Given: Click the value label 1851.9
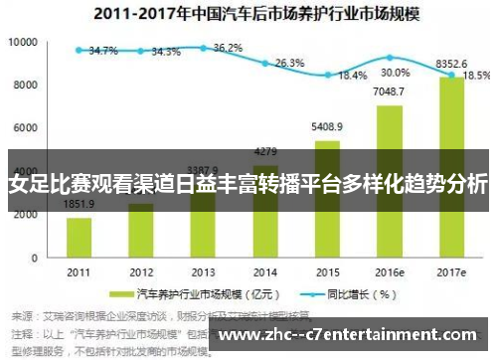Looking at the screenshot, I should point(79,205).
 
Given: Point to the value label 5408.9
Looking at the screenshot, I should point(327,127).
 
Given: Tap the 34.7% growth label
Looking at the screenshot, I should point(102,51).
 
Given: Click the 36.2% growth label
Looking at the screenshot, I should point(228,47).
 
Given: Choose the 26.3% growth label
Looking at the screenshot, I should point(289,63).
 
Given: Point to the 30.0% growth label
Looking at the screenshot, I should point(395,73).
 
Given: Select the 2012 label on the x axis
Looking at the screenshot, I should point(140,270).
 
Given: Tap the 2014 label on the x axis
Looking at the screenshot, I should point(264,270).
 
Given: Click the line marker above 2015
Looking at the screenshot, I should point(327,75).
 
